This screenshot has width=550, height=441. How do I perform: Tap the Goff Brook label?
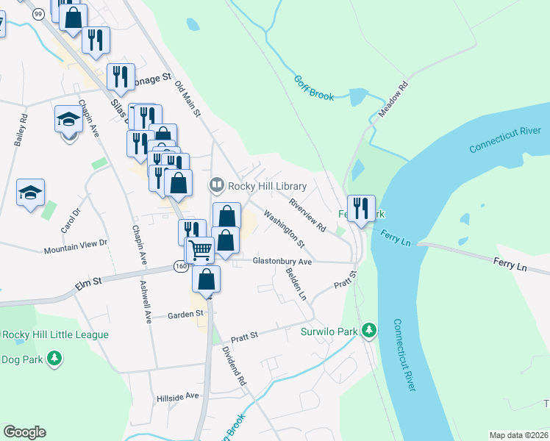[315, 88]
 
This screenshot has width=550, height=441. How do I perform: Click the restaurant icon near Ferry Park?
[361, 209]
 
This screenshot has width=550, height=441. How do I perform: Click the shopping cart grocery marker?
[200, 250]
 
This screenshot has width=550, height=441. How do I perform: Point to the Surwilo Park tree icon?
[369, 331]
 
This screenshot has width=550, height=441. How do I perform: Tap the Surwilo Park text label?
[329, 331]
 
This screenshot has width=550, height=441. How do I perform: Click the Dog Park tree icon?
[54, 359]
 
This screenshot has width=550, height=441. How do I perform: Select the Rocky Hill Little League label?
[55, 335]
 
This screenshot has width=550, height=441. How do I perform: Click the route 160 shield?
[181, 266]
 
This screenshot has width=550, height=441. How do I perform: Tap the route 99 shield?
[37, 12]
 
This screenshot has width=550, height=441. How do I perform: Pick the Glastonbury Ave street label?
[282, 261]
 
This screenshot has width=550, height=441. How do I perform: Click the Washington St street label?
[284, 228]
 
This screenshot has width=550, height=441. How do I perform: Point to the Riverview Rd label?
[307, 216]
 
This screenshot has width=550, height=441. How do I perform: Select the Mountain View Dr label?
[76, 243]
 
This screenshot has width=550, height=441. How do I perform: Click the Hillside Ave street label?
[178, 396]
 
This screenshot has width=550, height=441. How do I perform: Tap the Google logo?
[24, 432]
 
